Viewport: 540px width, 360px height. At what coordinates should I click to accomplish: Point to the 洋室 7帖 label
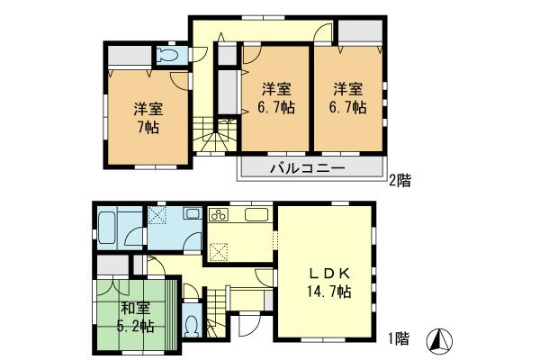coord(147,118)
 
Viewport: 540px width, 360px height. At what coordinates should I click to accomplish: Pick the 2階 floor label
coord(400,180)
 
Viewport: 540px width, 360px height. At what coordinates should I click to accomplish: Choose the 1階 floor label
coord(400,339)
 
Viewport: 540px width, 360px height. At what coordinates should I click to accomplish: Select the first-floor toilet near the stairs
coord(192,324)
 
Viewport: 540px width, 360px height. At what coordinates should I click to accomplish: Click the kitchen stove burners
coord(219,216)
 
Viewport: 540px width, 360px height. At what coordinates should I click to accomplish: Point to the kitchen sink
coord(255,216)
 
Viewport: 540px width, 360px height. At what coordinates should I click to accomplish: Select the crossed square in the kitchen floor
coord(218,251)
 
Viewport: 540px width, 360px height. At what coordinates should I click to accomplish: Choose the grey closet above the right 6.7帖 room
coord(359,32)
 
